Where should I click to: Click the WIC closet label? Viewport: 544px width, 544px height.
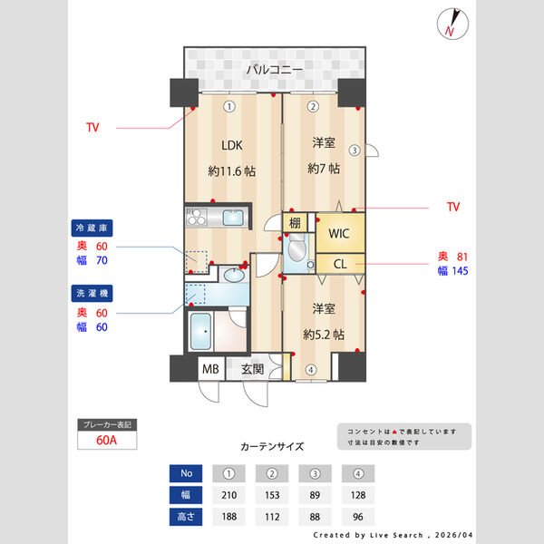339,233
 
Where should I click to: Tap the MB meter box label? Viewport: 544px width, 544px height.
210,369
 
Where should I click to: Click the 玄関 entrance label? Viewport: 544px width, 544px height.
253,369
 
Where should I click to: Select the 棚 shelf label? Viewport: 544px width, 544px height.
296,222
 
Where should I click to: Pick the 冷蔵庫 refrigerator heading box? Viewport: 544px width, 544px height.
92,229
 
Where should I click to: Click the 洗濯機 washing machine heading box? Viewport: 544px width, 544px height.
92,293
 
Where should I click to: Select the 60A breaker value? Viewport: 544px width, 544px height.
106,442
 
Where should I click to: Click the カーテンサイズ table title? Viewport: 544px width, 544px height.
272,447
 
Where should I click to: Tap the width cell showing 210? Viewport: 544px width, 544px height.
229,496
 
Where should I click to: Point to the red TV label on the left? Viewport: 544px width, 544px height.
92,127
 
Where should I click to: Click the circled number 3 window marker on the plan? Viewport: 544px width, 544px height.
355,151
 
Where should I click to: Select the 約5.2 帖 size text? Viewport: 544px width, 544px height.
325,334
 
